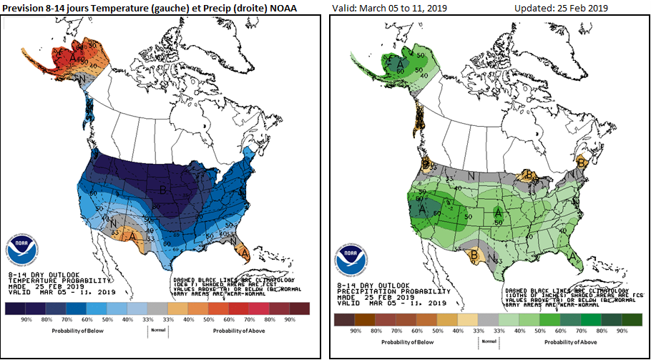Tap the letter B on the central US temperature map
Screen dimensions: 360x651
click(162, 190)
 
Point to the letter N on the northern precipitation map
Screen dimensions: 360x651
click(471, 175)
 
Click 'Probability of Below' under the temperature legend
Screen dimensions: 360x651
click(79, 331)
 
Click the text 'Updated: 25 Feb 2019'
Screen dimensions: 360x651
click(561, 8)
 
